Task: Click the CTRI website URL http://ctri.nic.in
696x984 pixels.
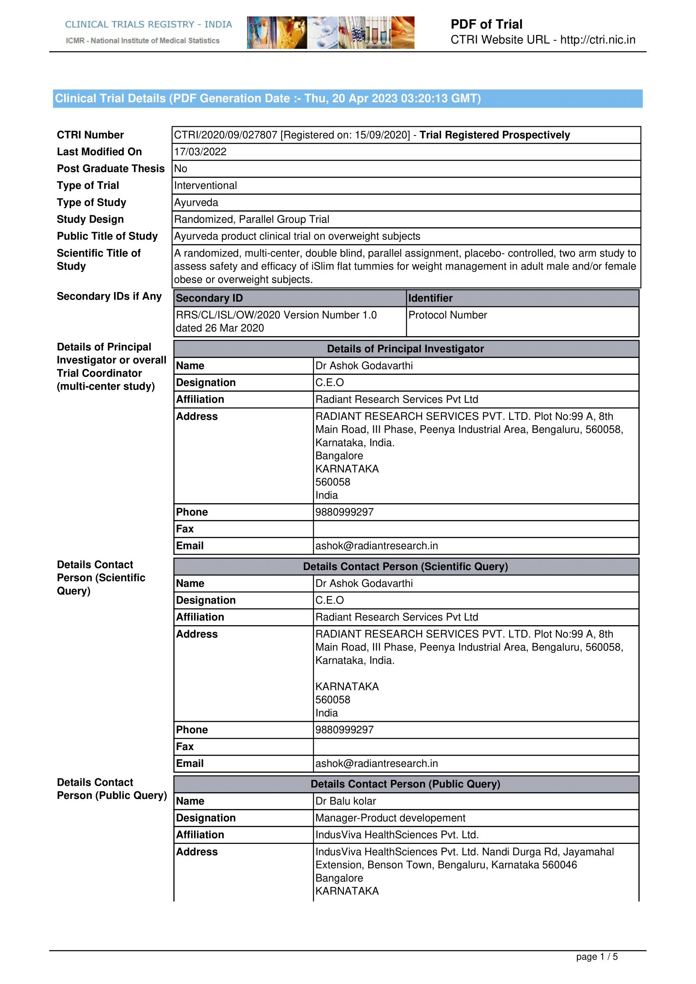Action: click(x=598, y=40)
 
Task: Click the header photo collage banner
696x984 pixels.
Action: click(x=330, y=32)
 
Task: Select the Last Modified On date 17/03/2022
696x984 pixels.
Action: click(x=200, y=152)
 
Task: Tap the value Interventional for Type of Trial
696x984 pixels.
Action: click(x=205, y=186)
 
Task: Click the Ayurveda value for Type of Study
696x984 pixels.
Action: click(x=196, y=202)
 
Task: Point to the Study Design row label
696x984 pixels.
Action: click(x=90, y=220)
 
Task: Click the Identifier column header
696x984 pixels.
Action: click(x=430, y=298)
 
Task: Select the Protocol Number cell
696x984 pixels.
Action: click(x=447, y=315)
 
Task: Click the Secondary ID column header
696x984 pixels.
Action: click(x=209, y=298)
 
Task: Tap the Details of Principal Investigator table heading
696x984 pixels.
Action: click(x=405, y=349)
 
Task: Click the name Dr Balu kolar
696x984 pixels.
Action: click(x=345, y=801)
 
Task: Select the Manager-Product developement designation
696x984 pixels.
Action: click(x=390, y=818)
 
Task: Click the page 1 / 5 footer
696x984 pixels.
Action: click(x=597, y=957)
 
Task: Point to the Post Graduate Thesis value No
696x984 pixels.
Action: click(x=181, y=169)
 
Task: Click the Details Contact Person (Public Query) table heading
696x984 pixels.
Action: click(x=405, y=784)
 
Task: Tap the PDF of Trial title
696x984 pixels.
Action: click(x=486, y=24)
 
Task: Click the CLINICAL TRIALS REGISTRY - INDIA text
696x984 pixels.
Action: click(x=148, y=24)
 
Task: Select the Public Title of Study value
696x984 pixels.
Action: click(x=297, y=236)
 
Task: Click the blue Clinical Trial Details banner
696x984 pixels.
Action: click(x=348, y=98)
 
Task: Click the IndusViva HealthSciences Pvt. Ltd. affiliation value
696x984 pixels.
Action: click(x=397, y=834)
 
